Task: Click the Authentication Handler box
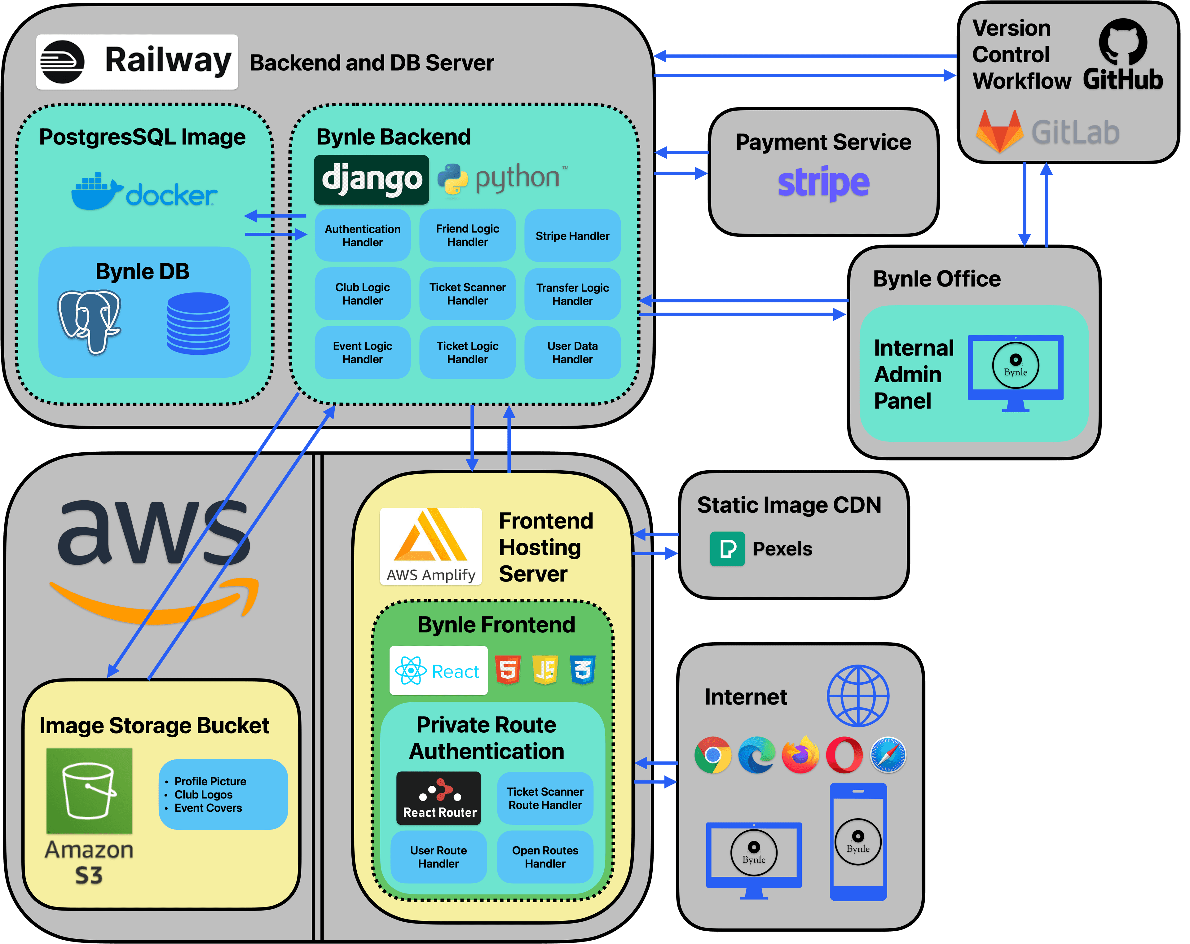(363, 235)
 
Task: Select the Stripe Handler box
(572, 235)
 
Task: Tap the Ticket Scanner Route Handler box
(545, 798)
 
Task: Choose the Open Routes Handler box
(545, 857)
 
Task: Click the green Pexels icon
(727, 549)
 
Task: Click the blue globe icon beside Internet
(858, 696)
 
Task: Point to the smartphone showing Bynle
(858, 841)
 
